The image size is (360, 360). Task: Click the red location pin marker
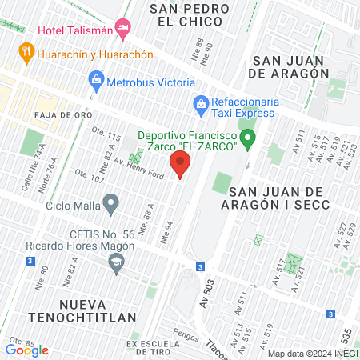point(180,166)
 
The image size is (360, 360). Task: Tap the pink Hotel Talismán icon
point(123,30)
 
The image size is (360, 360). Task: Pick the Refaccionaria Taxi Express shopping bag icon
point(200,102)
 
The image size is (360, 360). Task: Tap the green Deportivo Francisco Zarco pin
point(248,141)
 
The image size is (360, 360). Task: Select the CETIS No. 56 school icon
point(117,262)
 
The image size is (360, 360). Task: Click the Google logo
point(27,350)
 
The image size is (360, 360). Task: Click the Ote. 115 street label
point(107,138)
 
